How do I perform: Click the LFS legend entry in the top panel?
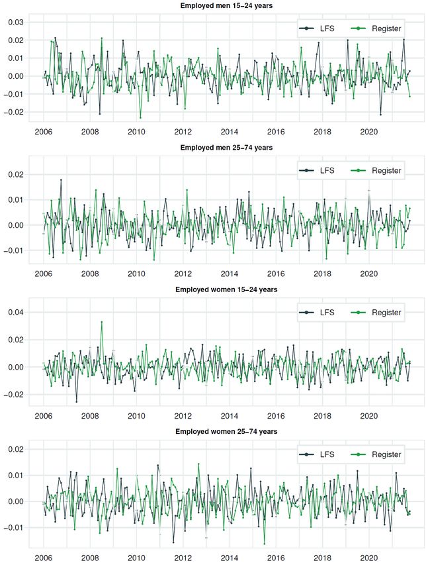click(317, 28)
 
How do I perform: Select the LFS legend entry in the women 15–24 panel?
click(317, 312)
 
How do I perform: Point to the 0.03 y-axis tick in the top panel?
click(15, 23)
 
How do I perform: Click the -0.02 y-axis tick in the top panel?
click(13, 112)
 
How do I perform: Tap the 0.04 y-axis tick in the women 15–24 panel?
click(15, 312)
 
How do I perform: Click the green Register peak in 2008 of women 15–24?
click(101, 322)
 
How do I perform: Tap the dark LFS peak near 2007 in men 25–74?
click(61, 179)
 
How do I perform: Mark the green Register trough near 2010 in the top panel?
click(140, 117)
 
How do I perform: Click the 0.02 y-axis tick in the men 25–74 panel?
click(15, 174)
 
